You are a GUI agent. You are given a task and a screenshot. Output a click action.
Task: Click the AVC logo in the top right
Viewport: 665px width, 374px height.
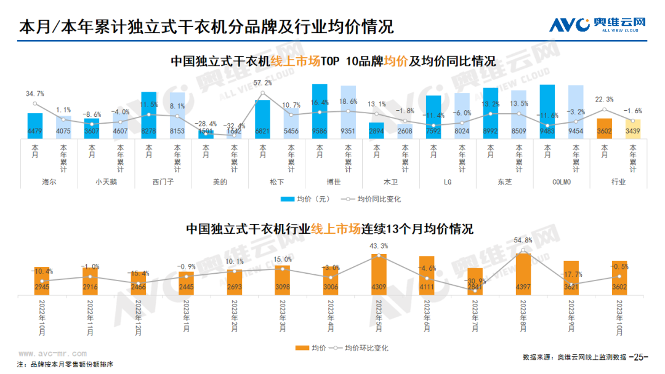(x=597, y=24)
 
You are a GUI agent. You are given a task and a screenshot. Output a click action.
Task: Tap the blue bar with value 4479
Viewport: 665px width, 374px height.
(x=35, y=125)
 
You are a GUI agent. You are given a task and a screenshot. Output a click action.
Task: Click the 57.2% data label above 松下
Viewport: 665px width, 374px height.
(x=263, y=82)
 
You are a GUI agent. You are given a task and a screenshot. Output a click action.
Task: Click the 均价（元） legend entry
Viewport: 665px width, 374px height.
(x=314, y=199)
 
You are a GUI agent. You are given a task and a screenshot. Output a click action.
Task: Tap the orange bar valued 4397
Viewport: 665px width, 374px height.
(x=523, y=274)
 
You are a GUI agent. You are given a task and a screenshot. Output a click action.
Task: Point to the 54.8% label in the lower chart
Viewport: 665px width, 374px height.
(x=523, y=240)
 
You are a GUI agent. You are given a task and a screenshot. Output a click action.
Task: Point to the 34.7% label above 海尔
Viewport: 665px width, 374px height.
(x=35, y=94)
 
